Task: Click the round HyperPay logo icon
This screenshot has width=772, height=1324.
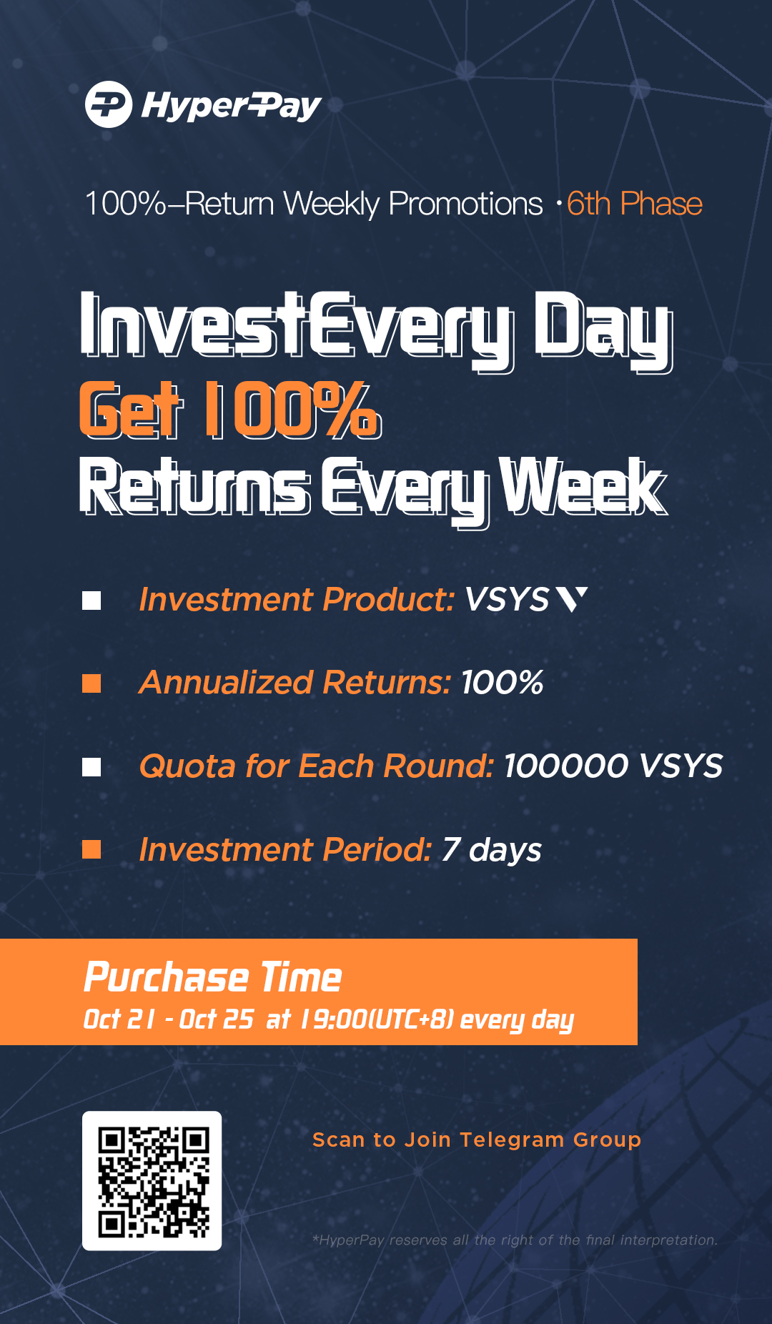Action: (x=109, y=104)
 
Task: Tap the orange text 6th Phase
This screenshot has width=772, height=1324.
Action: (x=635, y=204)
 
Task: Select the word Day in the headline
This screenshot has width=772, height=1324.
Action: (x=603, y=330)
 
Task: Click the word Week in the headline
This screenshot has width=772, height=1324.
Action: (x=583, y=486)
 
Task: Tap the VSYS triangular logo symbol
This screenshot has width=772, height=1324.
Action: (x=572, y=599)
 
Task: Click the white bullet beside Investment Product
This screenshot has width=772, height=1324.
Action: (x=91, y=601)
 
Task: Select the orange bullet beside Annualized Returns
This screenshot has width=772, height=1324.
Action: (x=91, y=684)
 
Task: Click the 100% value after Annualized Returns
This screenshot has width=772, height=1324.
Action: (x=503, y=683)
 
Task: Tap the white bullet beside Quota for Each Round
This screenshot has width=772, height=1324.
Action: (x=91, y=767)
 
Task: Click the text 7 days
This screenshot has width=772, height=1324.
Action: (x=492, y=850)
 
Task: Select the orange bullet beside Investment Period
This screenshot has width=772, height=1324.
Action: (x=91, y=849)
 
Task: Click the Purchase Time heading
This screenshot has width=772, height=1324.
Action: (x=213, y=977)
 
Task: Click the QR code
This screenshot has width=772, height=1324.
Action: (x=152, y=1181)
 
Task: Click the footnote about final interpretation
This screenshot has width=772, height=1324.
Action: (x=515, y=1240)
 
